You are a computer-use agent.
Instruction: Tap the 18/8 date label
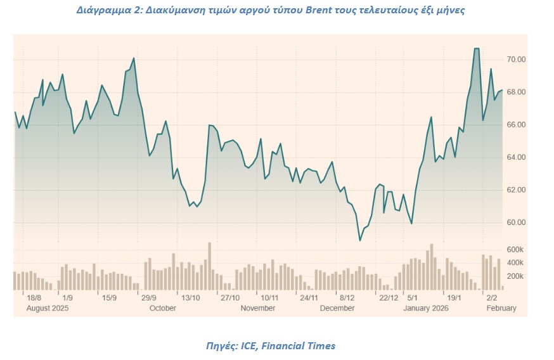(34, 297)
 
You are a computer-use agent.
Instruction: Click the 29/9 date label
(149, 297)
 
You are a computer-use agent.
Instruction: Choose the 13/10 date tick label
(191, 297)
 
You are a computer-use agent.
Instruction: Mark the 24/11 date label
(309, 297)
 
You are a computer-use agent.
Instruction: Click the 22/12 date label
(388, 297)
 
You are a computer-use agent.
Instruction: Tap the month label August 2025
(47, 308)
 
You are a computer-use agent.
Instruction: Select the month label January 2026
(425, 308)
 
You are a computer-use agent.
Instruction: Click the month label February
(501, 308)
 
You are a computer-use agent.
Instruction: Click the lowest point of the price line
(360, 241)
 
